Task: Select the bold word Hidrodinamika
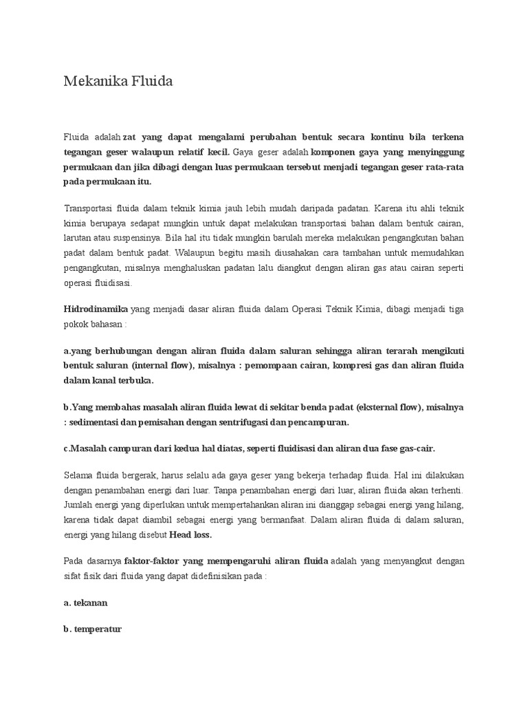96,310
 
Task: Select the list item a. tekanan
85,603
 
